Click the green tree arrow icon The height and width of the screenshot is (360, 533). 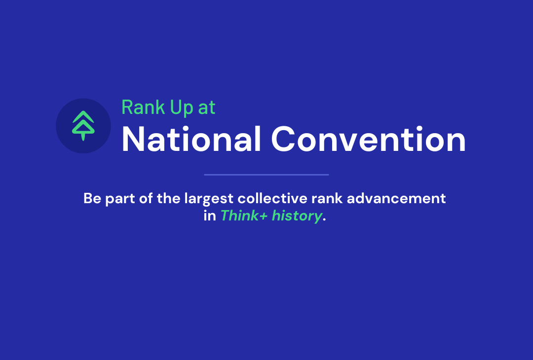pyautogui.click(x=83, y=125)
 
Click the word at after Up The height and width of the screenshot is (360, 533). pyautogui.click(x=207, y=108)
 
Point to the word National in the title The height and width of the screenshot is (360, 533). pyautogui.click(x=191, y=139)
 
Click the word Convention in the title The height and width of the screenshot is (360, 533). pyautogui.click(x=368, y=139)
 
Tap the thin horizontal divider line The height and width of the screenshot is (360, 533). pyautogui.click(x=266, y=175)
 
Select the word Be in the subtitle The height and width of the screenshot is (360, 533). pyautogui.click(x=92, y=198)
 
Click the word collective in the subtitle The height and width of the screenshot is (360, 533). pyautogui.click(x=272, y=198)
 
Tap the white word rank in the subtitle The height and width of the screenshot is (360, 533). pyautogui.click(x=327, y=198)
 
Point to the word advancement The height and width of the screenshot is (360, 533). pyautogui.click(x=396, y=198)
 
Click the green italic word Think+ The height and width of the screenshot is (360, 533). pyautogui.click(x=244, y=216)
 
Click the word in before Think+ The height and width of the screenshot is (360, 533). pyautogui.click(x=210, y=216)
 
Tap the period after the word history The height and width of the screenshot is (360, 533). pyautogui.click(x=324, y=220)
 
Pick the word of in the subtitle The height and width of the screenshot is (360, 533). pyautogui.click(x=146, y=198)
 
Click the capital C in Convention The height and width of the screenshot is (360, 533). pyautogui.click(x=283, y=139)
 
